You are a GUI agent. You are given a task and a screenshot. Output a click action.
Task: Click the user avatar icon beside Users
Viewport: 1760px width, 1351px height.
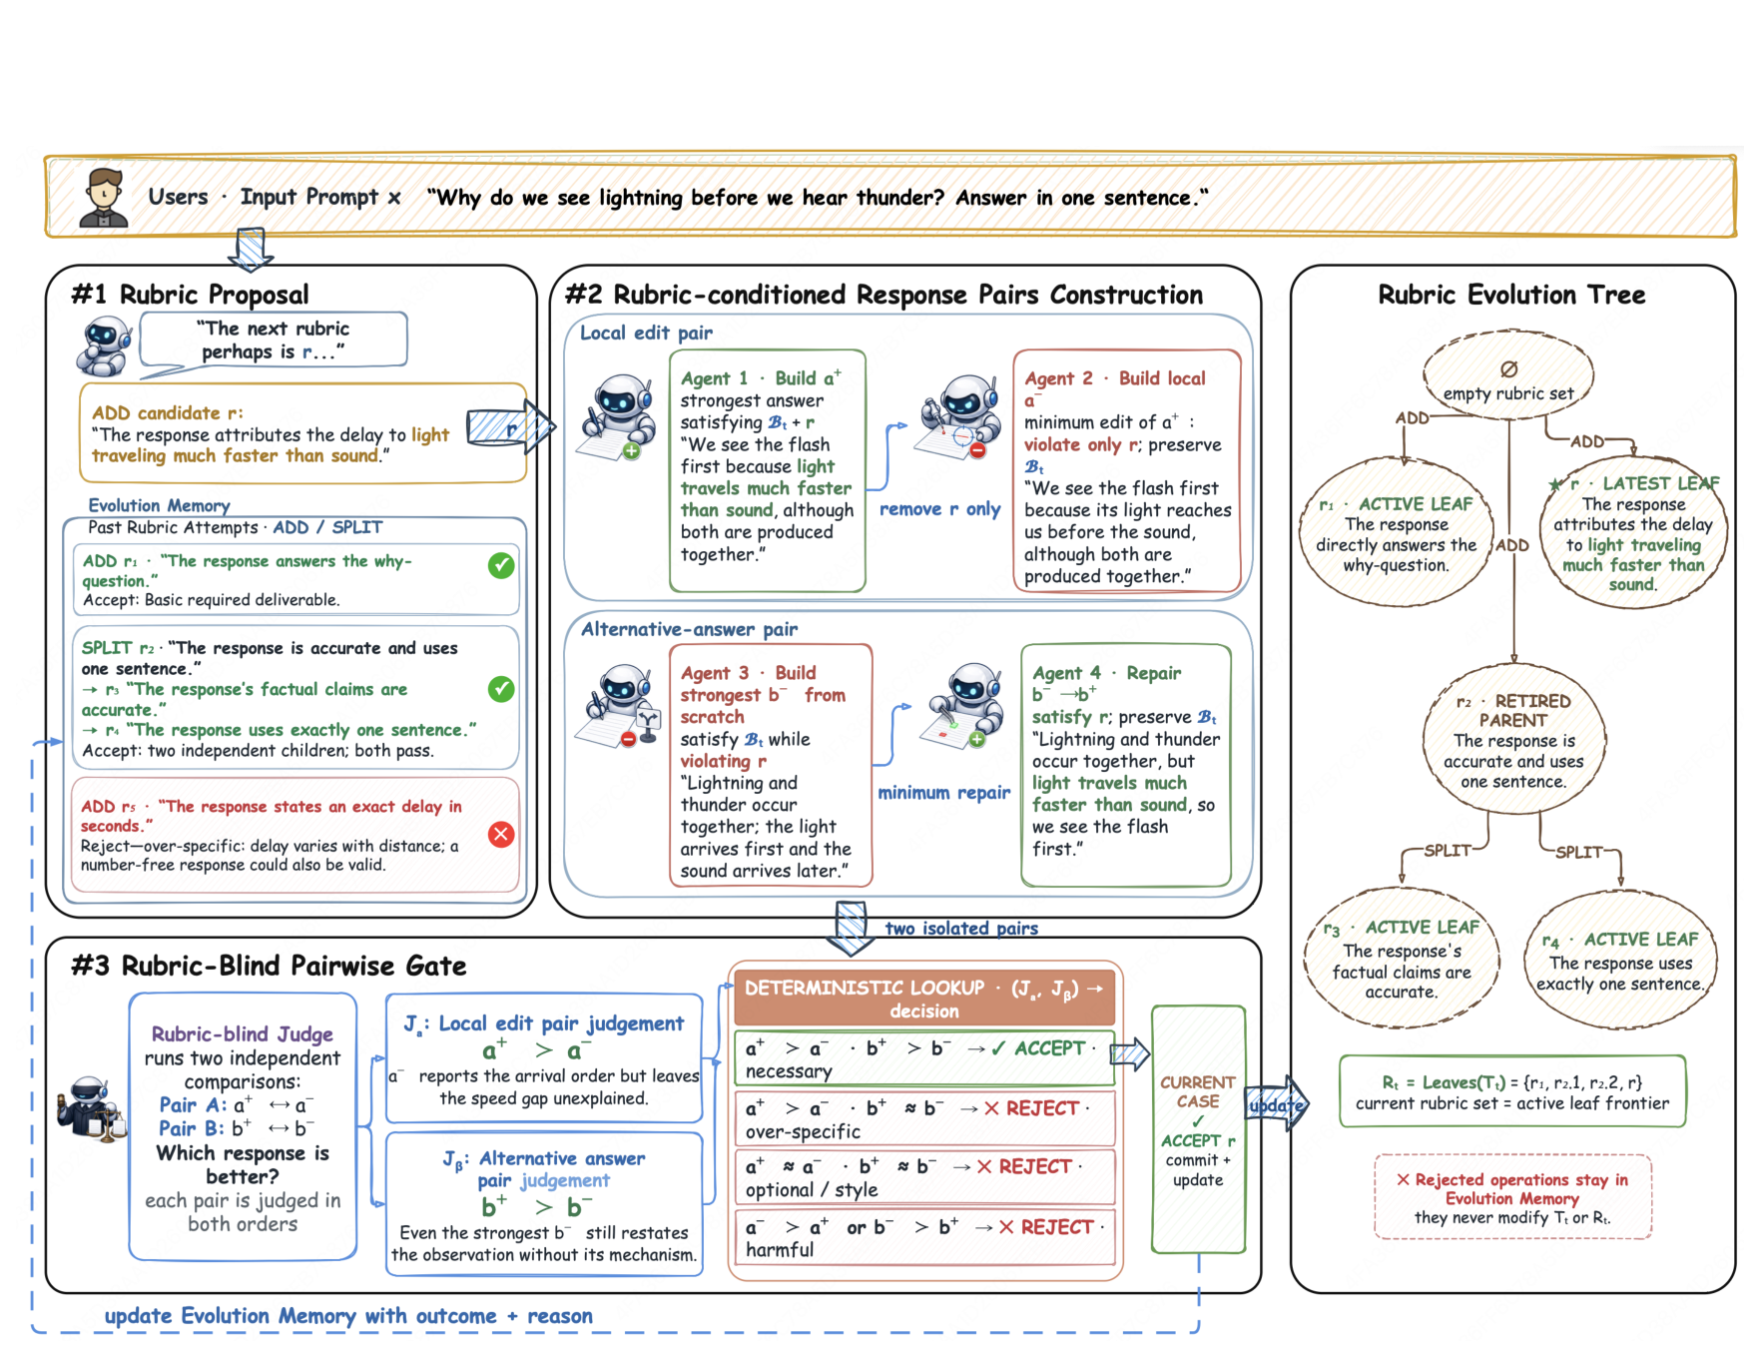[104, 197]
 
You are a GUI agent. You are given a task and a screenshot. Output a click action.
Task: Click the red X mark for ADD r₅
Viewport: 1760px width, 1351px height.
[501, 834]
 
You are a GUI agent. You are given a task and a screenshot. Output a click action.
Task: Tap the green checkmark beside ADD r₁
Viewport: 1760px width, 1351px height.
[501, 565]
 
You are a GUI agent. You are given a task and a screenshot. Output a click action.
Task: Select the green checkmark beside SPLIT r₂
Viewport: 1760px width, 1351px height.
[501, 689]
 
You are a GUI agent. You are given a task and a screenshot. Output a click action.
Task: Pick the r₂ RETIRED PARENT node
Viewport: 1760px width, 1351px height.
[1513, 740]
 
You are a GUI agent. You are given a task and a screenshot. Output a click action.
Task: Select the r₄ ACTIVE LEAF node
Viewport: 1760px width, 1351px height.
[1620, 961]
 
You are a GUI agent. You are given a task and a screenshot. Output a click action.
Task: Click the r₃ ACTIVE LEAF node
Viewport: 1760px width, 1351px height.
[1402, 959]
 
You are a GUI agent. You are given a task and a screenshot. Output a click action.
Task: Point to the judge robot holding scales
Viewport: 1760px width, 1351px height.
[91, 1108]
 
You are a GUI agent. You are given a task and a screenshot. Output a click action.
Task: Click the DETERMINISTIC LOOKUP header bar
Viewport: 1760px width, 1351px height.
[924, 999]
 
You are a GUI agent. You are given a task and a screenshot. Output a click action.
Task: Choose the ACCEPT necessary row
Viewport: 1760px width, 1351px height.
[924, 1058]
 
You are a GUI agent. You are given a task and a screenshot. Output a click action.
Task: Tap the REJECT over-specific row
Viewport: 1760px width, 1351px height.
[924, 1119]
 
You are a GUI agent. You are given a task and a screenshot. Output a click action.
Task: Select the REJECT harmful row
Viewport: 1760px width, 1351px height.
[924, 1238]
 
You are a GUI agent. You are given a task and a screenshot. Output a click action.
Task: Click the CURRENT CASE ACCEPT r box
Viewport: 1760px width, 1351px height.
[1198, 1129]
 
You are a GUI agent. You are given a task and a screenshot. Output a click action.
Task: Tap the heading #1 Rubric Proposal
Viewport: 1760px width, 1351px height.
[190, 295]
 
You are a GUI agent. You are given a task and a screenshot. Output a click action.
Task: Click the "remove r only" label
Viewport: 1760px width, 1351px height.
[939, 509]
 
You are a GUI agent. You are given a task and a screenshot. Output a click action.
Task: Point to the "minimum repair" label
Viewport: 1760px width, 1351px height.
[943, 793]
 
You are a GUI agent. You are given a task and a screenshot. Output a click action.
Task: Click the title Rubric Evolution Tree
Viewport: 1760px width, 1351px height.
[1511, 295]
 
